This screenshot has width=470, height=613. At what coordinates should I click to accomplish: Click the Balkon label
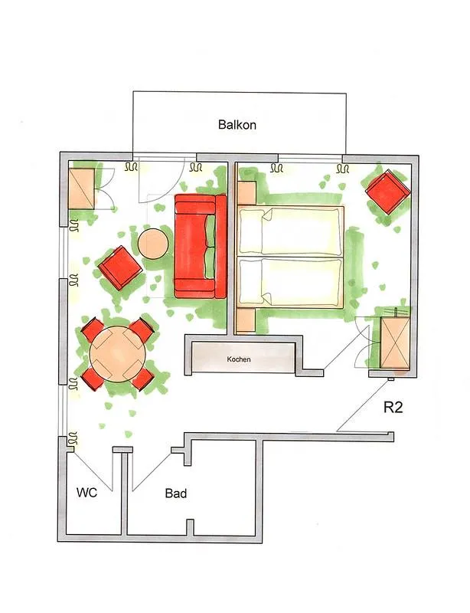tap(237, 124)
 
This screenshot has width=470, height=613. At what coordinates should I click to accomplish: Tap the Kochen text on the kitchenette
tap(238, 359)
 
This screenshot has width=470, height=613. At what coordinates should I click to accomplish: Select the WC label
tap(86, 493)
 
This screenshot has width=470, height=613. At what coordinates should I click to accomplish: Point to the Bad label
tap(176, 493)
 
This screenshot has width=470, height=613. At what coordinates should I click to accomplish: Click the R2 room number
tap(393, 407)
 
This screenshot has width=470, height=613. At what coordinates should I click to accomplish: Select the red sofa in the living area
tap(199, 246)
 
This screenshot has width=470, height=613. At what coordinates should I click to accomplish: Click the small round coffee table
tap(153, 244)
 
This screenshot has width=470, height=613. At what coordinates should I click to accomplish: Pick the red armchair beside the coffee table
tap(120, 267)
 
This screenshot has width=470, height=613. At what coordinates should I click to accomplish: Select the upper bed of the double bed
tap(290, 231)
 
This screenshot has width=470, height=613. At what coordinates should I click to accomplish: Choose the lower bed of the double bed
tap(290, 281)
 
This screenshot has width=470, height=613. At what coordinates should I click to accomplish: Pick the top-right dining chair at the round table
tap(142, 331)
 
